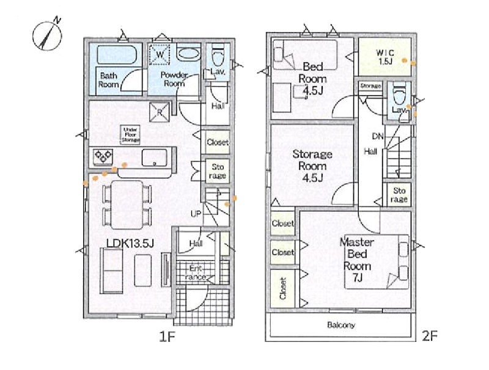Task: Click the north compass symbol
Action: coord(48,35)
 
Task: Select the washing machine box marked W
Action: coord(160,55)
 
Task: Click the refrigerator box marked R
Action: coord(160,112)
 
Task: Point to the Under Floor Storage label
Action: coord(130,135)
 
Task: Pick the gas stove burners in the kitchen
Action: coord(103,157)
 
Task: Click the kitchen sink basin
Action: coord(154,158)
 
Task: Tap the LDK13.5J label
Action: coord(130,243)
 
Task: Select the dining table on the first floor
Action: coord(127,205)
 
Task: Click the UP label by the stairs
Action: coord(196,214)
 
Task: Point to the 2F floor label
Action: coord(430,336)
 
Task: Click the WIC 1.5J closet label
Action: coord(385,57)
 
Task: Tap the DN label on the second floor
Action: coord(378,136)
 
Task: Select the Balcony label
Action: coord(341,325)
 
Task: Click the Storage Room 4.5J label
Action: coord(312,165)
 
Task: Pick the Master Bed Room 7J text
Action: coord(357,259)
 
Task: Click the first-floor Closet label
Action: coord(218,142)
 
